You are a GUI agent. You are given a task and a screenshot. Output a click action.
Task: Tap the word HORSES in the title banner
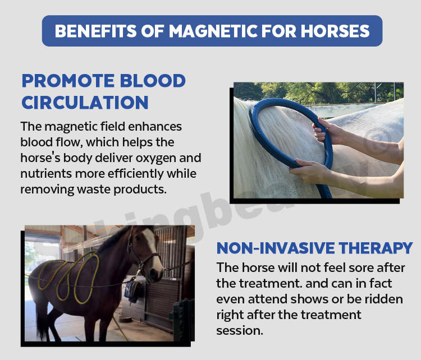coord(335,31)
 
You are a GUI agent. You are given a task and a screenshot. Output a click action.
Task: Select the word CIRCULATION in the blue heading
coord(85,103)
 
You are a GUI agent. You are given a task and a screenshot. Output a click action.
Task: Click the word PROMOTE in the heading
coord(68,81)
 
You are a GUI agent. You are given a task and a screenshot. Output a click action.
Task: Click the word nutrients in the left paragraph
coord(46,174)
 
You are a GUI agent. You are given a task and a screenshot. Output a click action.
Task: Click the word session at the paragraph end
coord(240,331)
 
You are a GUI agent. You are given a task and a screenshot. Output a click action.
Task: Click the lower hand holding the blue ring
coord(309,169)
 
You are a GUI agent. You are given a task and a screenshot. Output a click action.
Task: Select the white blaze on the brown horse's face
coord(151,243)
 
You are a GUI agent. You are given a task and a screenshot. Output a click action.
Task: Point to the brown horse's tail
coord(41,317)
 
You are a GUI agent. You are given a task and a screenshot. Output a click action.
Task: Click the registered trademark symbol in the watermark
coord(379,139)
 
